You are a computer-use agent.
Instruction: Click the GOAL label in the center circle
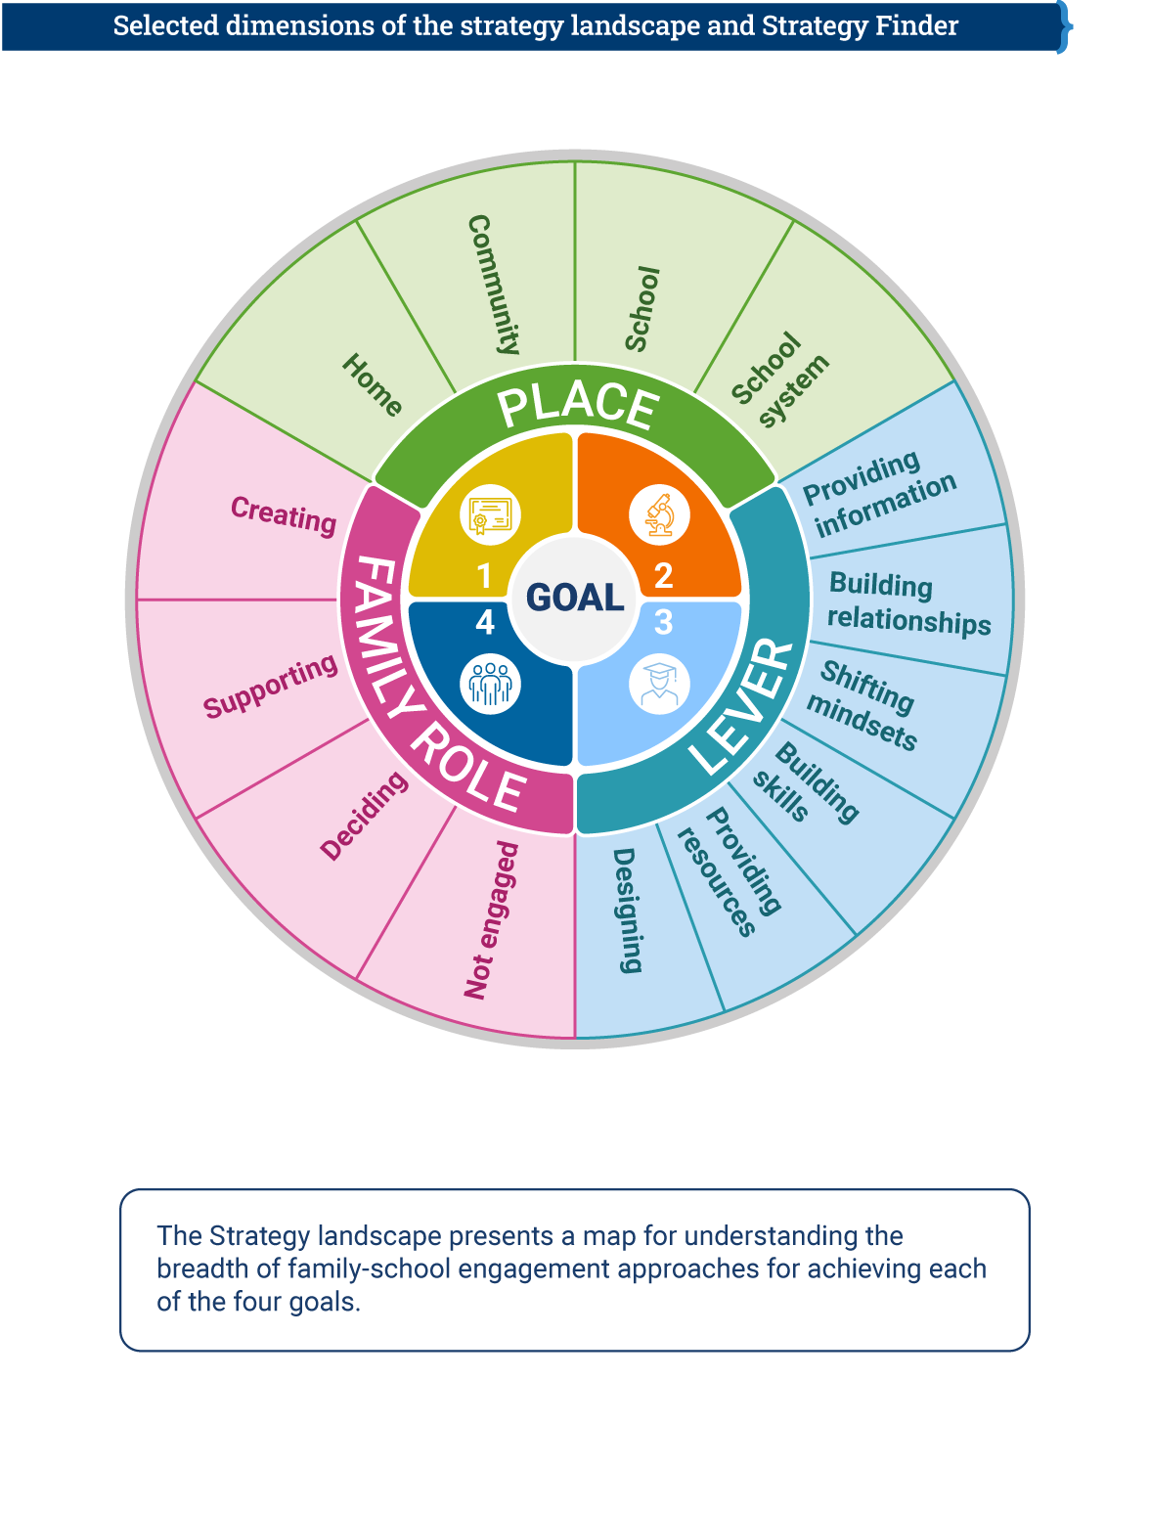pyautogui.click(x=574, y=598)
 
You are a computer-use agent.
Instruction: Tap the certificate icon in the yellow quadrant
pyautogui.click(x=490, y=514)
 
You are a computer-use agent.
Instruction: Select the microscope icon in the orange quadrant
pyautogui.click(x=660, y=514)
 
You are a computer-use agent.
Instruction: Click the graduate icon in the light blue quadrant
pyautogui.click(x=660, y=684)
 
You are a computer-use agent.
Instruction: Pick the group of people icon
pyautogui.click(x=490, y=684)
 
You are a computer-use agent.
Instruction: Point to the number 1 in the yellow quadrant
pyautogui.click(x=484, y=576)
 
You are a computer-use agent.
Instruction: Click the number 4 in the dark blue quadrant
pyautogui.click(x=485, y=622)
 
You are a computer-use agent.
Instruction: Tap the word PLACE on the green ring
pyautogui.click(x=578, y=405)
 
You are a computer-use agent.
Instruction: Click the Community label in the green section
pyautogui.click(x=494, y=285)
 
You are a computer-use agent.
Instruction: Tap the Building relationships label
pyautogui.click(x=907, y=603)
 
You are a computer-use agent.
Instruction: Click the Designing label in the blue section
pyautogui.click(x=627, y=911)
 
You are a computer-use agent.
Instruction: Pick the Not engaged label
pyautogui.click(x=491, y=920)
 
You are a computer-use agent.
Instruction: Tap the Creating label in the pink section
pyautogui.click(x=284, y=514)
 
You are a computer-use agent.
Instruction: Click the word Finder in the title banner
pyautogui.click(x=909, y=25)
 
